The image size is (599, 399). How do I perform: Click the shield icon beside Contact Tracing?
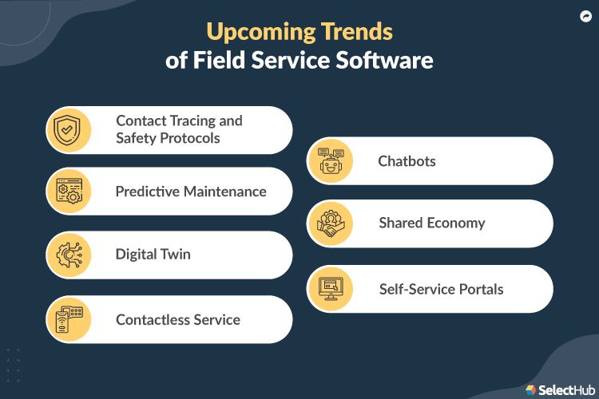pyautogui.click(x=69, y=130)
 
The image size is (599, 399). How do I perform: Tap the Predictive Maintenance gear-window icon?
pyautogui.click(x=69, y=192)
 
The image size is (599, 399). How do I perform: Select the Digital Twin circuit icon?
pyautogui.click(x=69, y=255)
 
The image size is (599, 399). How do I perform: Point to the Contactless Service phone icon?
pyautogui.click(x=69, y=319)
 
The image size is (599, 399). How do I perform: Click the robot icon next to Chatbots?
pyautogui.click(x=331, y=161)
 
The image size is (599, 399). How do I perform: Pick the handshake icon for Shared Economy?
pyautogui.click(x=331, y=223)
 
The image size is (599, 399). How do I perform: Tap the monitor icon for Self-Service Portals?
pyautogui.click(x=331, y=289)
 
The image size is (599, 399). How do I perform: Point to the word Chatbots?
pyautogui.click(x=407, y=161)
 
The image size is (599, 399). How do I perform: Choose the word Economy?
pyautogui.click(x=458, y=223)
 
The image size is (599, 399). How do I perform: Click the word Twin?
pyautogui.click(x=173, y=255)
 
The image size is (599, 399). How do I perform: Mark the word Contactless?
pyautogui.click(x=147, y=320)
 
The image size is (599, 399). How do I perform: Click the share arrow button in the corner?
pyautogui.click(x=584, y=15)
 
